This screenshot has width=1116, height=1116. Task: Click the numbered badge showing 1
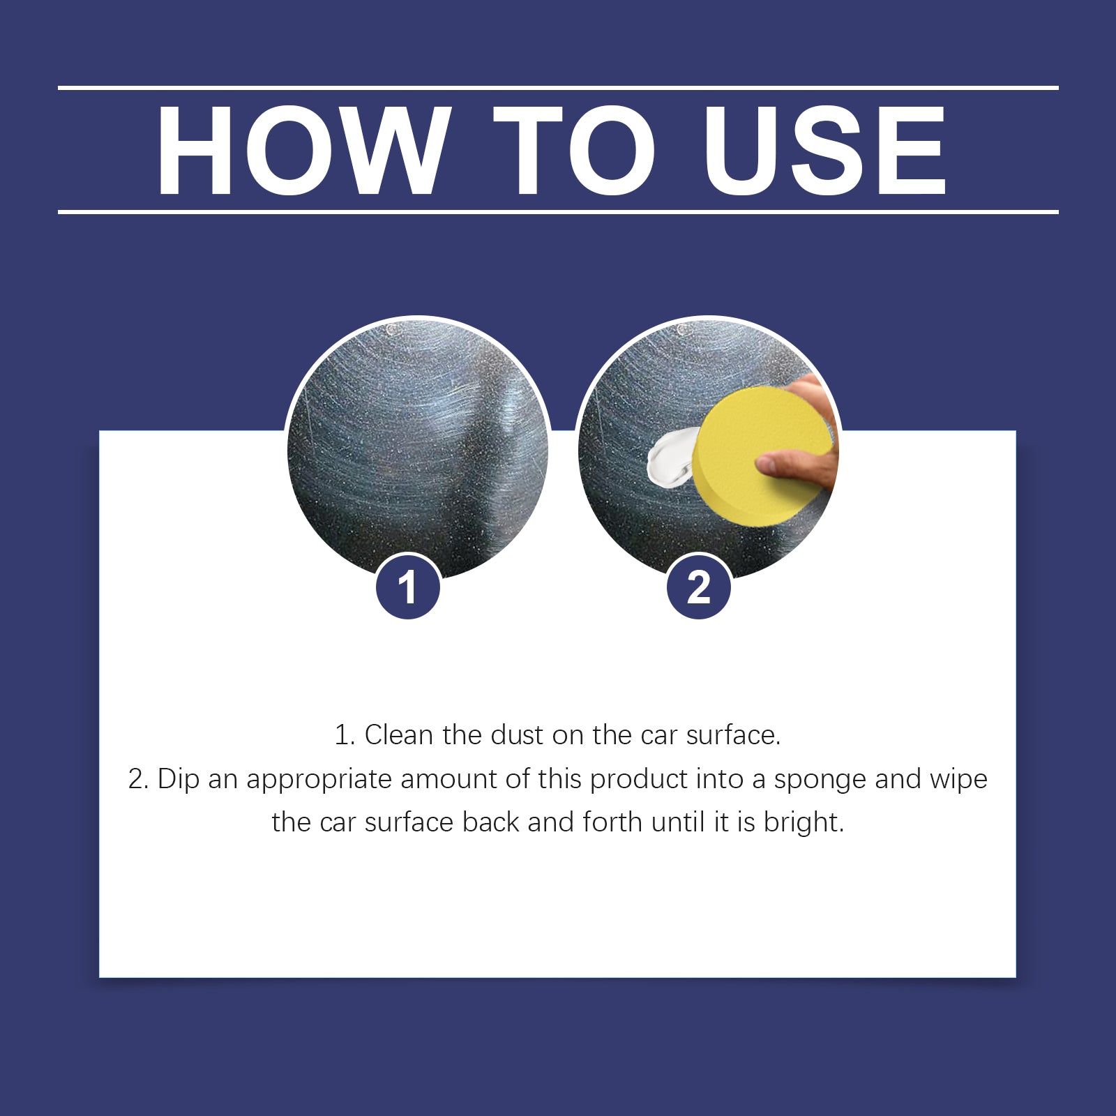pos(408,587)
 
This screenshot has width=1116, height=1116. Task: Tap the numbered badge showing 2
pos(699,587)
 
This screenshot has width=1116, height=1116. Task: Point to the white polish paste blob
pos(670,457)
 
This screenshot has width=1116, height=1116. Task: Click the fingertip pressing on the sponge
pos(767,464)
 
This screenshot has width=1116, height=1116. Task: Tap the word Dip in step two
pos(179,779)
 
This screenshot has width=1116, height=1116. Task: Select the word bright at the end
pos(803,823)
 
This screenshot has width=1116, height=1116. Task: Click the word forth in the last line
pos(612,822)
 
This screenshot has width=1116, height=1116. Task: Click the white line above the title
pos(558,88)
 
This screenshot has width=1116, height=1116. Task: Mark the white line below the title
pos(558,211)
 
